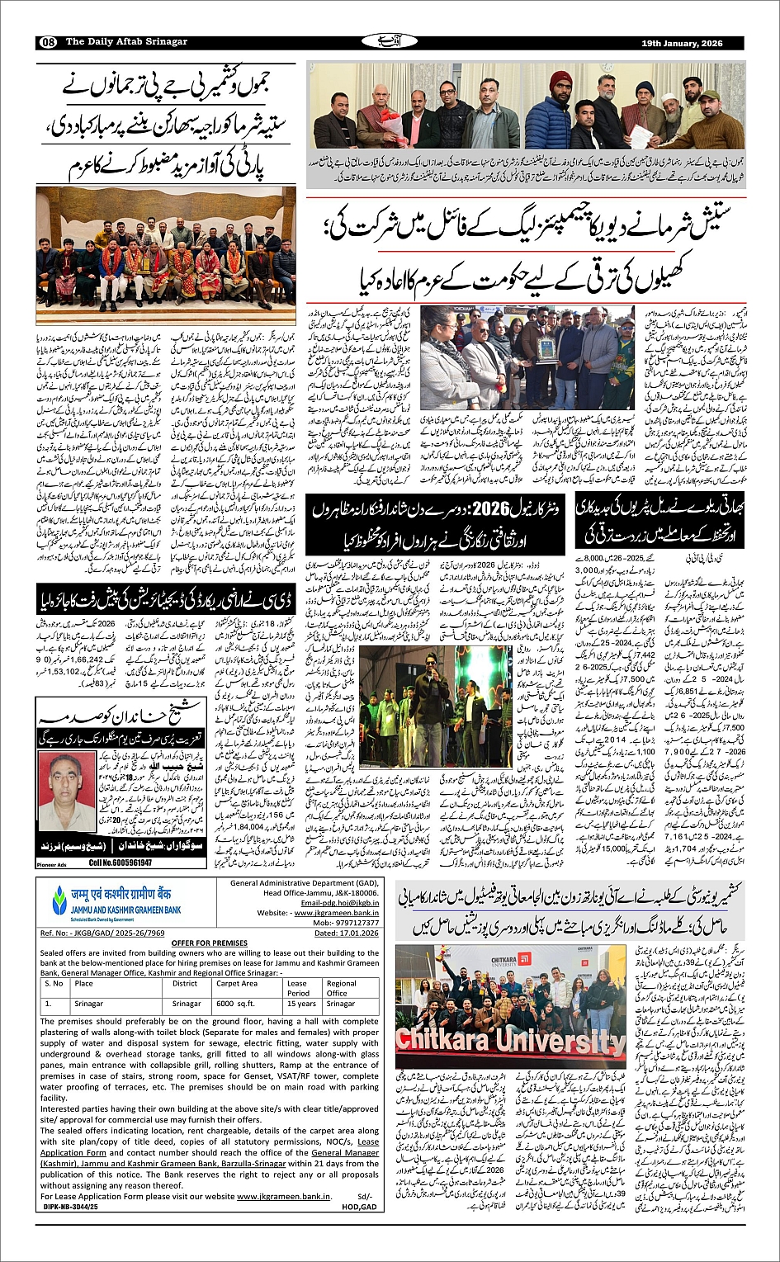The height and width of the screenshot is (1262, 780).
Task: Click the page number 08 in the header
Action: point(47,42)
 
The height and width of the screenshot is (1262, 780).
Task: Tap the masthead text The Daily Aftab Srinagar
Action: point(126,42)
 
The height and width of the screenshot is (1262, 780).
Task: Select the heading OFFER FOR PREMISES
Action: point(209,943)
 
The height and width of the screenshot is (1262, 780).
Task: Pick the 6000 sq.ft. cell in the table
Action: point(236,1004)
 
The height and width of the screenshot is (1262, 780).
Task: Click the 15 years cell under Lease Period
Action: point(301,1004)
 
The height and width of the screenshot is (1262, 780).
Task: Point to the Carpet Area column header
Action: point(237,983)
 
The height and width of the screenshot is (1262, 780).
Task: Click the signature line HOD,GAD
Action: point(359,1206)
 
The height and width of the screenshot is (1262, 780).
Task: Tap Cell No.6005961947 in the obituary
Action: point(121,863)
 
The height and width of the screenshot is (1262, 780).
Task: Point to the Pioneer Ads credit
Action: point(51,864)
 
